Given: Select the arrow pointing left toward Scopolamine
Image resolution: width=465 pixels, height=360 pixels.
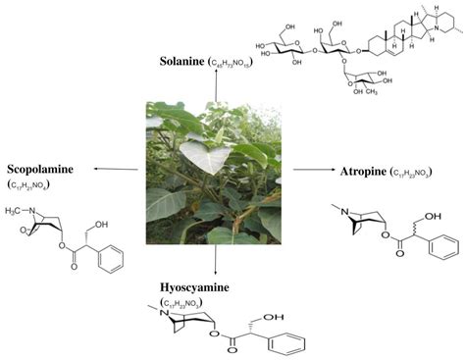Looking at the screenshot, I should coord(117,169).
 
